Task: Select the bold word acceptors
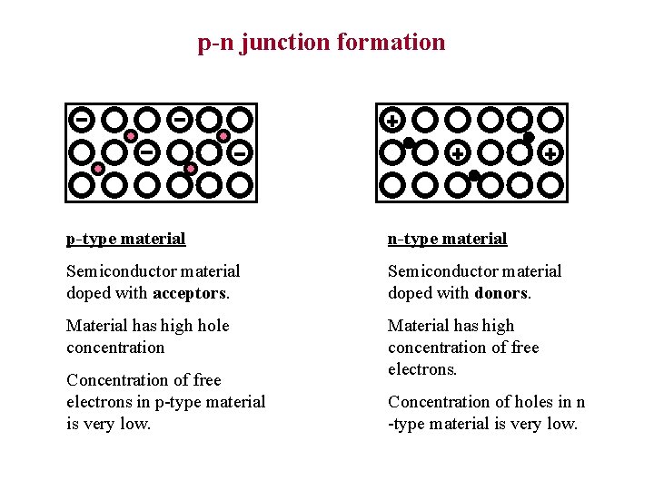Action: (x=191, y=293)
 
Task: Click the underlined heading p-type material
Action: (x=125, y=239)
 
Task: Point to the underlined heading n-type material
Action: (x=447, y=239)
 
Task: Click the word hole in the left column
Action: (x=213, y=326)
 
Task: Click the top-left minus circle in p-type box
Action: (x=82, y=119)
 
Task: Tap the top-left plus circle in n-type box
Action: (x=392, y=120)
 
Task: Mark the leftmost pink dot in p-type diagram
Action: (x=98, y=169)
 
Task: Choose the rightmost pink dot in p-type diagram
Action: (x=223, y=136)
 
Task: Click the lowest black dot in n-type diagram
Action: (x=474, y=175)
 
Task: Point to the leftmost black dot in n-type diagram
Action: (x=409, y=142)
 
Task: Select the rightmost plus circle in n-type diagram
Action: (x=550, y=153)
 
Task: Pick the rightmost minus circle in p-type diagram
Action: (x=240, y=152)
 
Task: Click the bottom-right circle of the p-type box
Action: (x=240, y=185)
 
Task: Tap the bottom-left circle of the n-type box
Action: (x=392, y=185)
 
